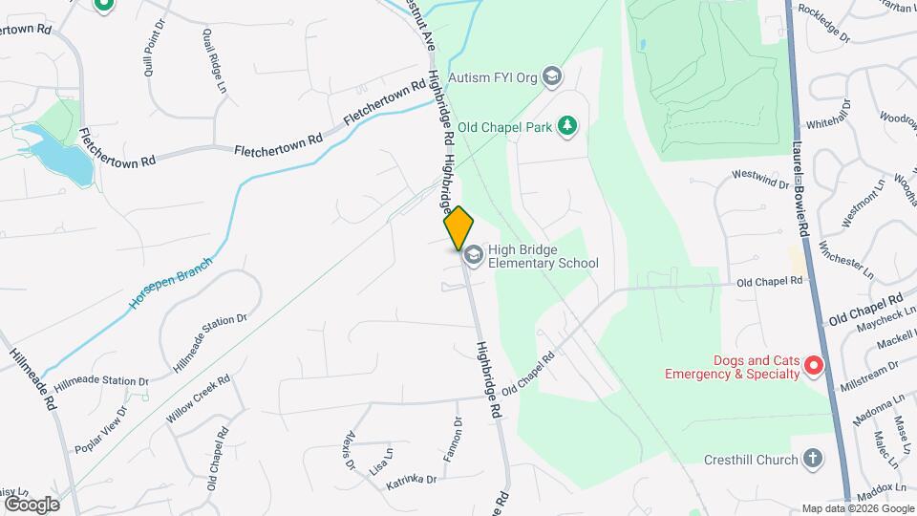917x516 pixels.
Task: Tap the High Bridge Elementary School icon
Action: coord(473,255)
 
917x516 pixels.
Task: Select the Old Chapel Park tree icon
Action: coord(567,125)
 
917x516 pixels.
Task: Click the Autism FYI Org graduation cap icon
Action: coord(551,75)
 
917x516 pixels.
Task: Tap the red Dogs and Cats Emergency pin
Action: coord(813,365)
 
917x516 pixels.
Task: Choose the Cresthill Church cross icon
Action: coord(812,460)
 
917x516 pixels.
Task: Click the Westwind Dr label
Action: coord(760,179)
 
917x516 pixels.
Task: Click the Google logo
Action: coord(32,504)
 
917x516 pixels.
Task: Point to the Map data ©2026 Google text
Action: coord(857,508)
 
